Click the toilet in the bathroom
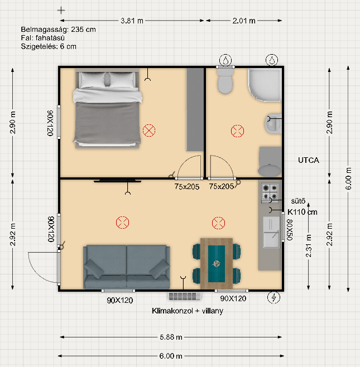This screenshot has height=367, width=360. click(225, 81)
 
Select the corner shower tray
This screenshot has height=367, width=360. click(265, 85)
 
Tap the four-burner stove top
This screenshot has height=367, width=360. click(270, 191)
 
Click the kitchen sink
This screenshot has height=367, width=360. click(271, 232)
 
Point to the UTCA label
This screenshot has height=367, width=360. click(309, 160)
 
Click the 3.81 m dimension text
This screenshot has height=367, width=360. click(132, 21)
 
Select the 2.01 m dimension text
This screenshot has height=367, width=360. click(244, 21)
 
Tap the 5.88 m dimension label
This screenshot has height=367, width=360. click(171, 337)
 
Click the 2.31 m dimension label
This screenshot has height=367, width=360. click(309, 246)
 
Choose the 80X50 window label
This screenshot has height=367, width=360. click(290, 230)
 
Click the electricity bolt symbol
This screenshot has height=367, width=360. click(273, 298)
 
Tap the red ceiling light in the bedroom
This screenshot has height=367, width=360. click(149, 131)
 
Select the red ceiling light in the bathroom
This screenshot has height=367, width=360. click(237, 131)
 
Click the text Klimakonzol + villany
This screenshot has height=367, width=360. click(188, 311)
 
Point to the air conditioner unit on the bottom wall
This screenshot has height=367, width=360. click(185, 296)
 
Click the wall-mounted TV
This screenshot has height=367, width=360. click(117, 181)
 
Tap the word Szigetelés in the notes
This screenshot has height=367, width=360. click(39, 46)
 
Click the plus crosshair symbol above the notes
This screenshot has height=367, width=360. click(61, 10)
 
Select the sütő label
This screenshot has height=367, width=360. click(298, 201)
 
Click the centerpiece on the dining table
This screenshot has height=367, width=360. click(216, 264)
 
